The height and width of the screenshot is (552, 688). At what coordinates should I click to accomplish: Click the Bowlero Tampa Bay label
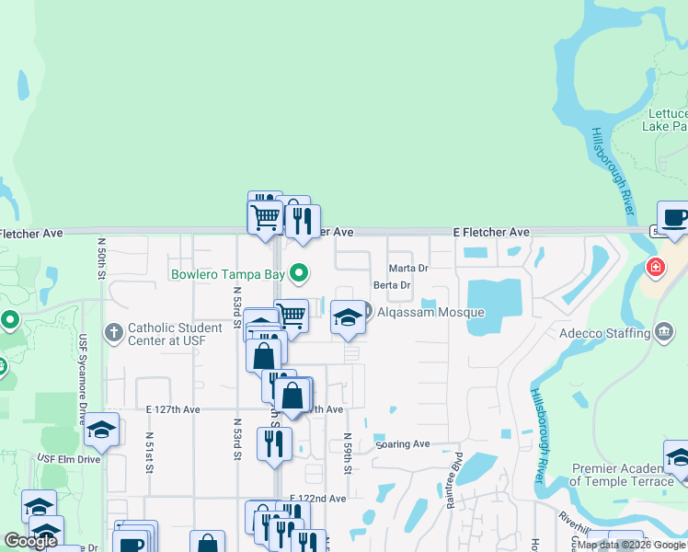(x=229, y=274)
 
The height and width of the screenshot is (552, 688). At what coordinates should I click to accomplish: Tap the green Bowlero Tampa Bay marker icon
(x=298, y=273)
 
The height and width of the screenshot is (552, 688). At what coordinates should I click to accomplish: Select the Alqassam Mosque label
(x=429, y=313)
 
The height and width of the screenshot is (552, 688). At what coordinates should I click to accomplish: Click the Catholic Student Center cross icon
(x=113, y=331)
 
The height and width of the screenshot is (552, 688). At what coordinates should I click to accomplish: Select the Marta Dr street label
(x=409, y=269)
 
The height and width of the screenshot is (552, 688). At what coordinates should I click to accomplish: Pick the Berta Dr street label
(x=391, y=286)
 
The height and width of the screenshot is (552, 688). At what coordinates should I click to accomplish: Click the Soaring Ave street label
(x=403, y=444)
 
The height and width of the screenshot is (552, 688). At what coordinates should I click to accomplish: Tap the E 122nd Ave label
(x=317, y=499)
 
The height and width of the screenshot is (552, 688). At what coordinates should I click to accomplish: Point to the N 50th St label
(x=101, y=257)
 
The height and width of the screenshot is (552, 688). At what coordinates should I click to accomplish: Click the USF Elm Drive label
(x=68, y=458)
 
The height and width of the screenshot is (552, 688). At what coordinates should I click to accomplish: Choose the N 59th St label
(x=348, y=454)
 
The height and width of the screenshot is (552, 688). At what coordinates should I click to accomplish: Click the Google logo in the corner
(x=30, y=541)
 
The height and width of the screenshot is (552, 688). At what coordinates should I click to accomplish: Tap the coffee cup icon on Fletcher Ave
(x=675, y=218)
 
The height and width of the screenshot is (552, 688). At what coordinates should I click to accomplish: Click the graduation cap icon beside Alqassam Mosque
(x=347, y=317)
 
